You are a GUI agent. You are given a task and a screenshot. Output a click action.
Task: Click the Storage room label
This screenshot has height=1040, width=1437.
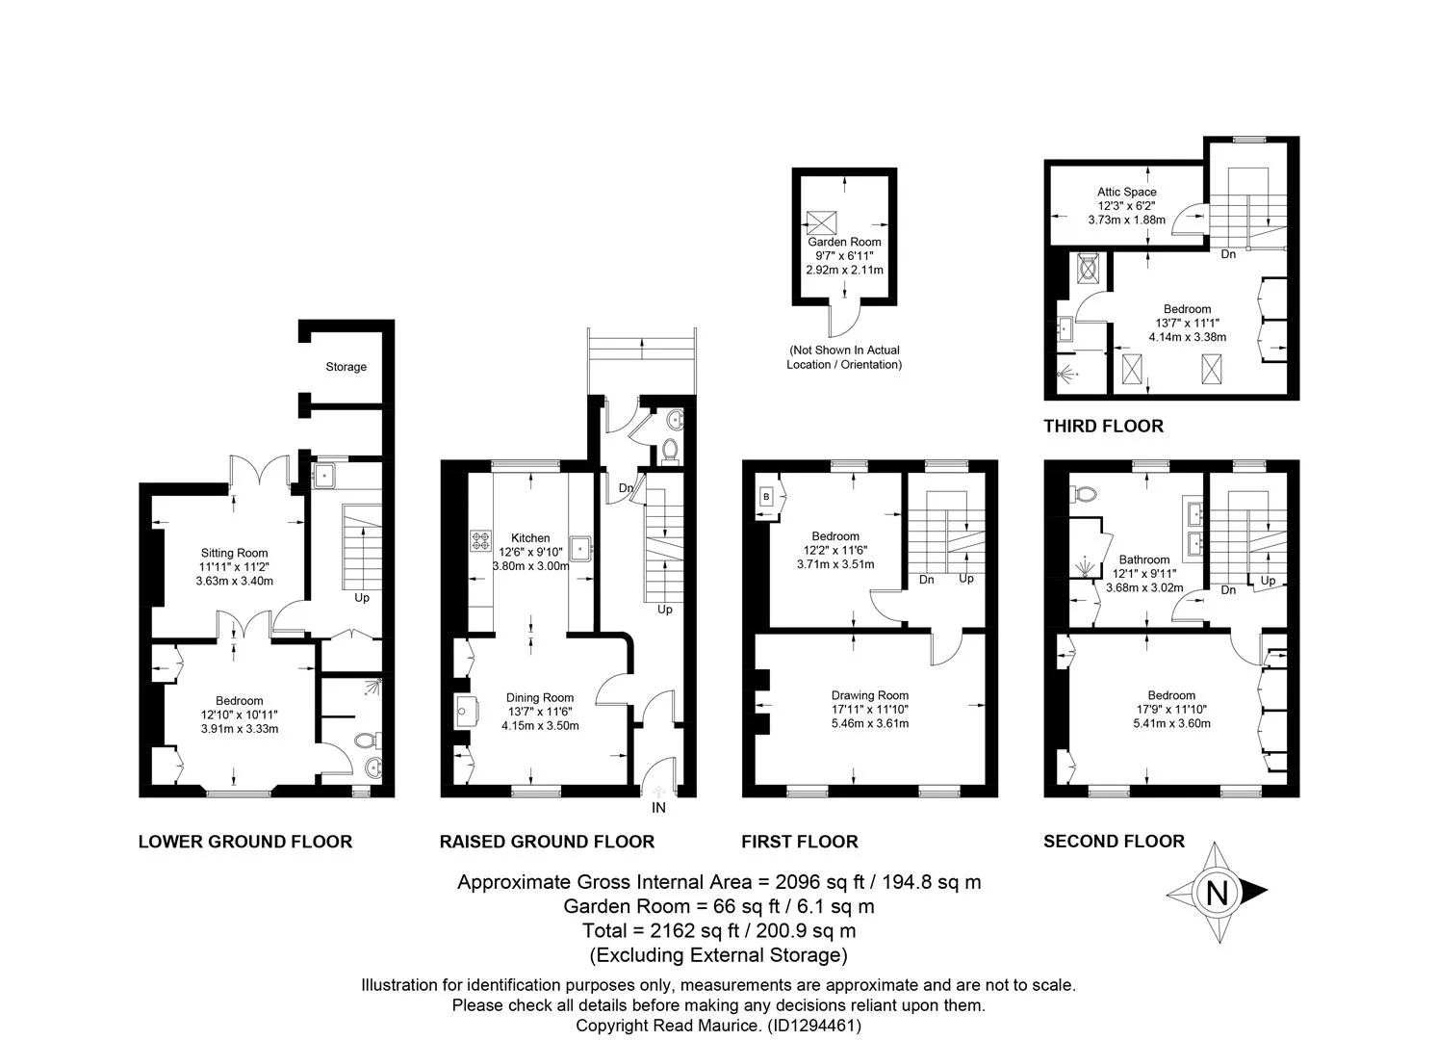[x=346, y=367]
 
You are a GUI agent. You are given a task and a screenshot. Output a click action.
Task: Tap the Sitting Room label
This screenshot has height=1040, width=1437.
[x=234, y=553]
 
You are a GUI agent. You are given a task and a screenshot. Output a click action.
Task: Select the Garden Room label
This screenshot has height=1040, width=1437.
[x=844, y=242]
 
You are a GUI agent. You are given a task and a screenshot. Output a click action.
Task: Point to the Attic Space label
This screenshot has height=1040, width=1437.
[x=1126, y=192]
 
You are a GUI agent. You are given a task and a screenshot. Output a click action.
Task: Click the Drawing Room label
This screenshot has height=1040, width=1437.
[x=870, y=695]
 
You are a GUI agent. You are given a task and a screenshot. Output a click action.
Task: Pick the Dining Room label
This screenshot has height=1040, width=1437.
[x=540, y=698]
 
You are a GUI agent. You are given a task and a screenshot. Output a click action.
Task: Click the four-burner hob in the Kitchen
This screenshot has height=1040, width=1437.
[x=481, y=540]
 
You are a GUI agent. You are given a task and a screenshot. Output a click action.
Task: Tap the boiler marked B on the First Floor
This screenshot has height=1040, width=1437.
[x=766, y=497]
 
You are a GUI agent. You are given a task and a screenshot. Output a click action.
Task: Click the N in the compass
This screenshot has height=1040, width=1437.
[x=1217, y=893]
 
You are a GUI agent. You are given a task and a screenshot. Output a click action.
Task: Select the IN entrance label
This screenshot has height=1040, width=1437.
[x=658, y=808]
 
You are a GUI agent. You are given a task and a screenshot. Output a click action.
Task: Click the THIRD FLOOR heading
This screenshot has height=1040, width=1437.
[x=1103, y=427]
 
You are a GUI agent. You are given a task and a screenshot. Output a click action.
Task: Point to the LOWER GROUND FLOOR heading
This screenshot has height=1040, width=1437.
[x=245, y=842]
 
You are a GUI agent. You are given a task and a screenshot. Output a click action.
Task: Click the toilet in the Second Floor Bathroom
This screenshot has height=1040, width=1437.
[x=1084, y=494]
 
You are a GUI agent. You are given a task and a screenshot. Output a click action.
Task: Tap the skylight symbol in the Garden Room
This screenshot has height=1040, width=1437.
[x=821, y=222]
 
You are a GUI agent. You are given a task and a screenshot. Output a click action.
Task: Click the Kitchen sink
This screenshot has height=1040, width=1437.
[x=580, y=549]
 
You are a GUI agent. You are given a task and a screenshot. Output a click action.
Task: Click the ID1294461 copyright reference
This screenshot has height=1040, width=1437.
[x=813, y=1026]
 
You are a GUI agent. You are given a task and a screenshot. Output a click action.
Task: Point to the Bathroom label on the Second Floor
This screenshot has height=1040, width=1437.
[x=1144, y=559]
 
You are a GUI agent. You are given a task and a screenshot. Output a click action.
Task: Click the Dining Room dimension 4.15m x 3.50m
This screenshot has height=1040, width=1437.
[x=540, y=726]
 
